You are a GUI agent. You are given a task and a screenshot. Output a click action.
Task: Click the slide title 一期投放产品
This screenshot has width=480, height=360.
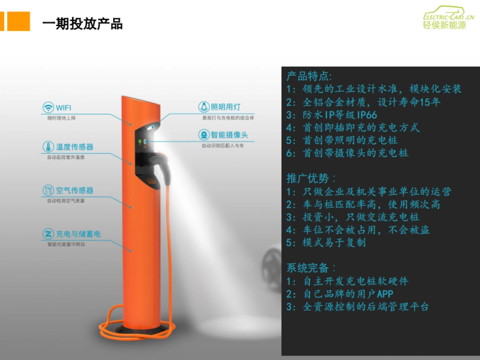[82, 24]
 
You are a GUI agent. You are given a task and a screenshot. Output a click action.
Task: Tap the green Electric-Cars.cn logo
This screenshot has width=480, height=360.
[448, 17]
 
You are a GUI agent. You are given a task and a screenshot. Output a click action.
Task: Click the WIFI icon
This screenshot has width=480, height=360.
[48, 108]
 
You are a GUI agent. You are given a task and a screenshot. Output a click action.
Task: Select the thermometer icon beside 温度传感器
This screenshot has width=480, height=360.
[48, 147]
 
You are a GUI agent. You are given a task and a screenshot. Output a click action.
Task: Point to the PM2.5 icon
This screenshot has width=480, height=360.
[48, 190]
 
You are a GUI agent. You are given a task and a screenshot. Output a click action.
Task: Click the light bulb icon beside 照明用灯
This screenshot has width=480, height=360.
[204, 107]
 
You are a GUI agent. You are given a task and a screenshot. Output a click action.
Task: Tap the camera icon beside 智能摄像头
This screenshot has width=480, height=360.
[204, 135]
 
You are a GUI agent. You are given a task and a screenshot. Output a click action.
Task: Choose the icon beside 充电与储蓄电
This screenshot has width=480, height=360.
[48, 234]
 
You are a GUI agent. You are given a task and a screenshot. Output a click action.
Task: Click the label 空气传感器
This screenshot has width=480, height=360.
[74, 190]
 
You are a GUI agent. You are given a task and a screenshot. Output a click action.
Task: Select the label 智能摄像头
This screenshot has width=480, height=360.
[229, 135]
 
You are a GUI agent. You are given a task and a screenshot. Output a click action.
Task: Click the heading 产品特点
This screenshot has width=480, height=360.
[309, 76]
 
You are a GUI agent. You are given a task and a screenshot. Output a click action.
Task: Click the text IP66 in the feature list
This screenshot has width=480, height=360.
[367, 115]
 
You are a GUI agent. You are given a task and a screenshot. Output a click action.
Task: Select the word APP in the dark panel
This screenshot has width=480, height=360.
[385, 294]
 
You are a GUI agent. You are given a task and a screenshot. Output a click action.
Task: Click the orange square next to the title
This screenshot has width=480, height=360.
[18, 21]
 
